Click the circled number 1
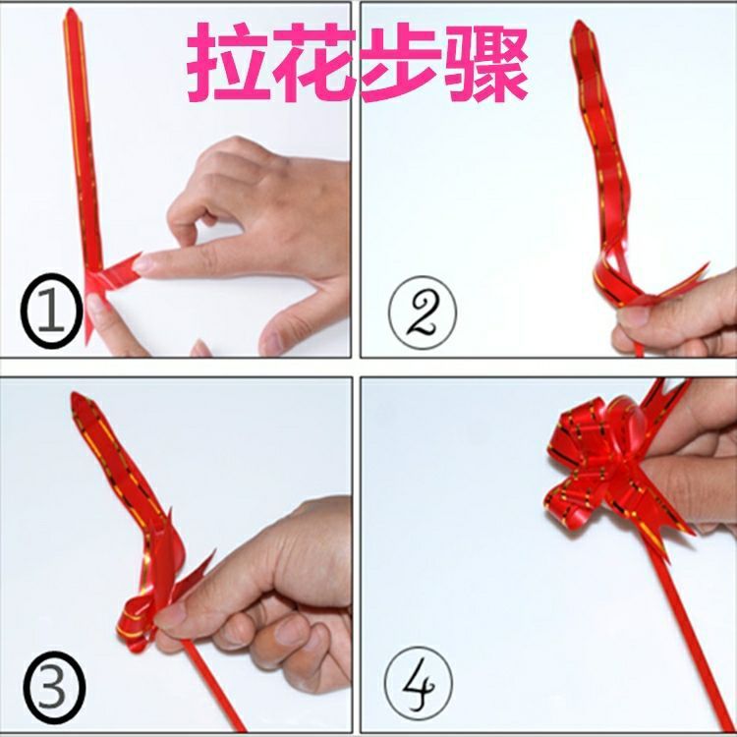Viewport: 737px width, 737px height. click(x=51, y=311)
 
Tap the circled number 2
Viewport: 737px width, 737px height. click(x=423, y=312)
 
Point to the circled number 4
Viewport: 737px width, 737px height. click(x=419, y=683)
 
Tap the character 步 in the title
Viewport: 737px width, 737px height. click(x=401, y=62)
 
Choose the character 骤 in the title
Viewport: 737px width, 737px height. click(x=487, y=62)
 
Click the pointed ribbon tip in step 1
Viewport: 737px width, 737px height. click(x=71, y=11)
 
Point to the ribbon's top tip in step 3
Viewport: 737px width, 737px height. click(x=76, y=395)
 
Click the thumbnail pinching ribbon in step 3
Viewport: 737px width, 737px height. click(x=170, y=613)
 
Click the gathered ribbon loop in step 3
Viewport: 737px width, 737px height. click(x=137, y=620)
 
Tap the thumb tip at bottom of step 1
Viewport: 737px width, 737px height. click(x=96, y=306)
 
